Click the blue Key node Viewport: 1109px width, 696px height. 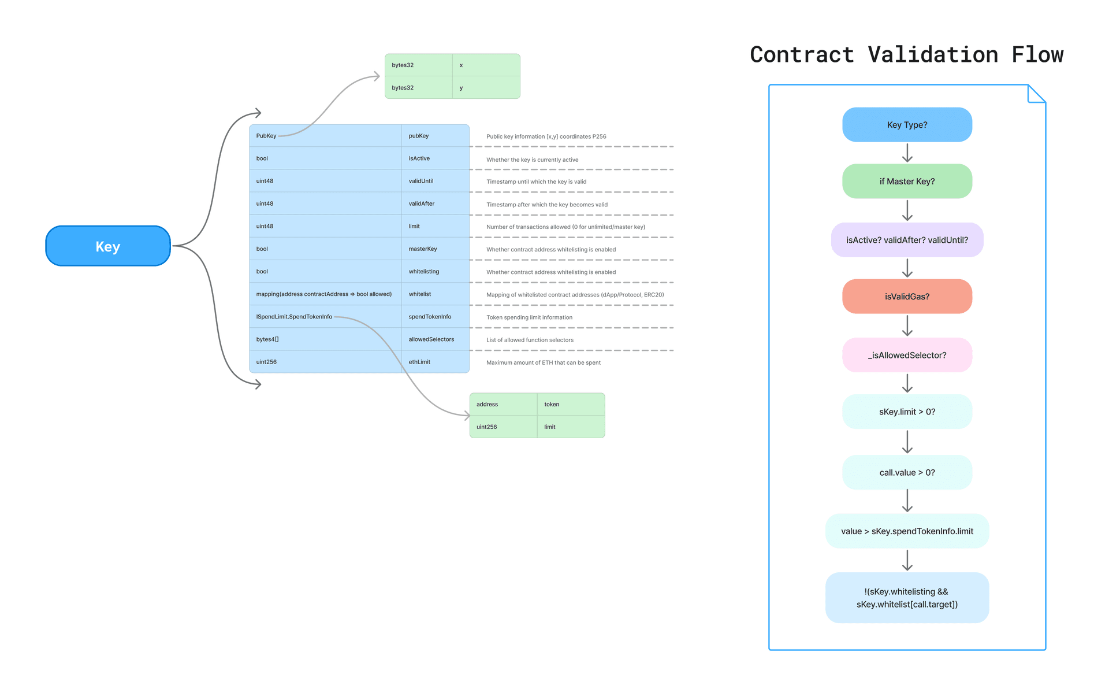[108, 246]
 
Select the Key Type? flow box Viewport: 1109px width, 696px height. [907, 125]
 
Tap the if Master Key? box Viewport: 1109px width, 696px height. [907, 182]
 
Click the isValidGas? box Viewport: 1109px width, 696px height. [907, 297]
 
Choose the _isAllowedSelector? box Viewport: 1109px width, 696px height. [907, 355]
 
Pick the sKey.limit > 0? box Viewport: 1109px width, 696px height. [907, 412]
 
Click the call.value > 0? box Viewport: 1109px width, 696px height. [907, 472]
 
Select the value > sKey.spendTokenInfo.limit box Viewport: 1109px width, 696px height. [907, 531]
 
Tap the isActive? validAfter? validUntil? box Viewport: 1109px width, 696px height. [907, 240]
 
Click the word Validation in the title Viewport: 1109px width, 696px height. [933, 55]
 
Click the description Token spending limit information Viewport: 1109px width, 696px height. [529, 317]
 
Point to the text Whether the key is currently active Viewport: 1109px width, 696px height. [532, 160]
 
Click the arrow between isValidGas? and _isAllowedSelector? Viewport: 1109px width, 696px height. [907, 325]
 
